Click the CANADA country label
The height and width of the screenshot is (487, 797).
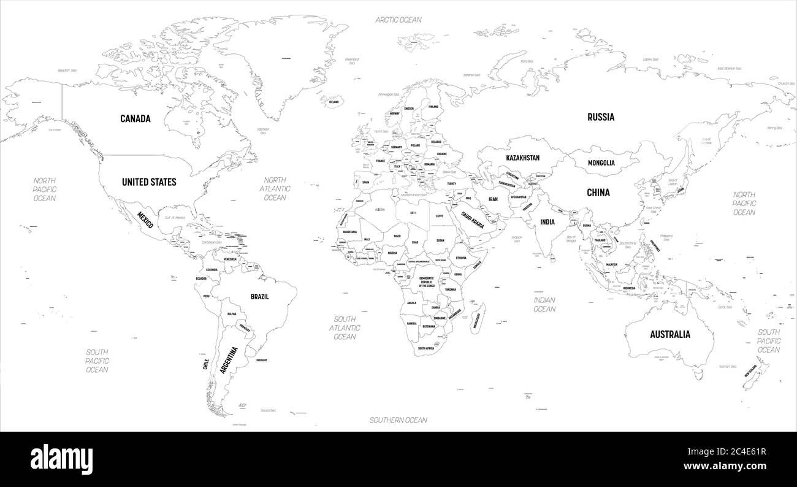(x=135, y=118)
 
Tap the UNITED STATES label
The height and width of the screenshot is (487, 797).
(x=149, y=182)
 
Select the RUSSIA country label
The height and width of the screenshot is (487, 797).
(x=600, y=117)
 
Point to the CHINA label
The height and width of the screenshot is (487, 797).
(x=598, y=192)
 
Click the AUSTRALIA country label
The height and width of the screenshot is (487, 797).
(x=670, y=334)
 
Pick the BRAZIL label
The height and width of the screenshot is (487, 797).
(x=260, y=296)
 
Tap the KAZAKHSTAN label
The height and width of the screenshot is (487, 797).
(x=522, y=158)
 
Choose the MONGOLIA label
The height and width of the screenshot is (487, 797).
(x=601, y=163)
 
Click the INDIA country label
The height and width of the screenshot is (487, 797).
(x=547, y=222)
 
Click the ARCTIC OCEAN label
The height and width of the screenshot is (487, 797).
(x=398, y=20)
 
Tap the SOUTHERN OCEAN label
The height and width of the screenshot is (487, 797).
(x=398, y=420)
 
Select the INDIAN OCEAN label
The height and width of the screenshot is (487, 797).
(x=544, y=304)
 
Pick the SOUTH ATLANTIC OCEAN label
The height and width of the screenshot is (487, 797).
(x=345, y=328)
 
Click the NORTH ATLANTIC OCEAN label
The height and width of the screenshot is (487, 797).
(x=275, y=189)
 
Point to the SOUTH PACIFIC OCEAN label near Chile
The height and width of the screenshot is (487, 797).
(x=97, y=361)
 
